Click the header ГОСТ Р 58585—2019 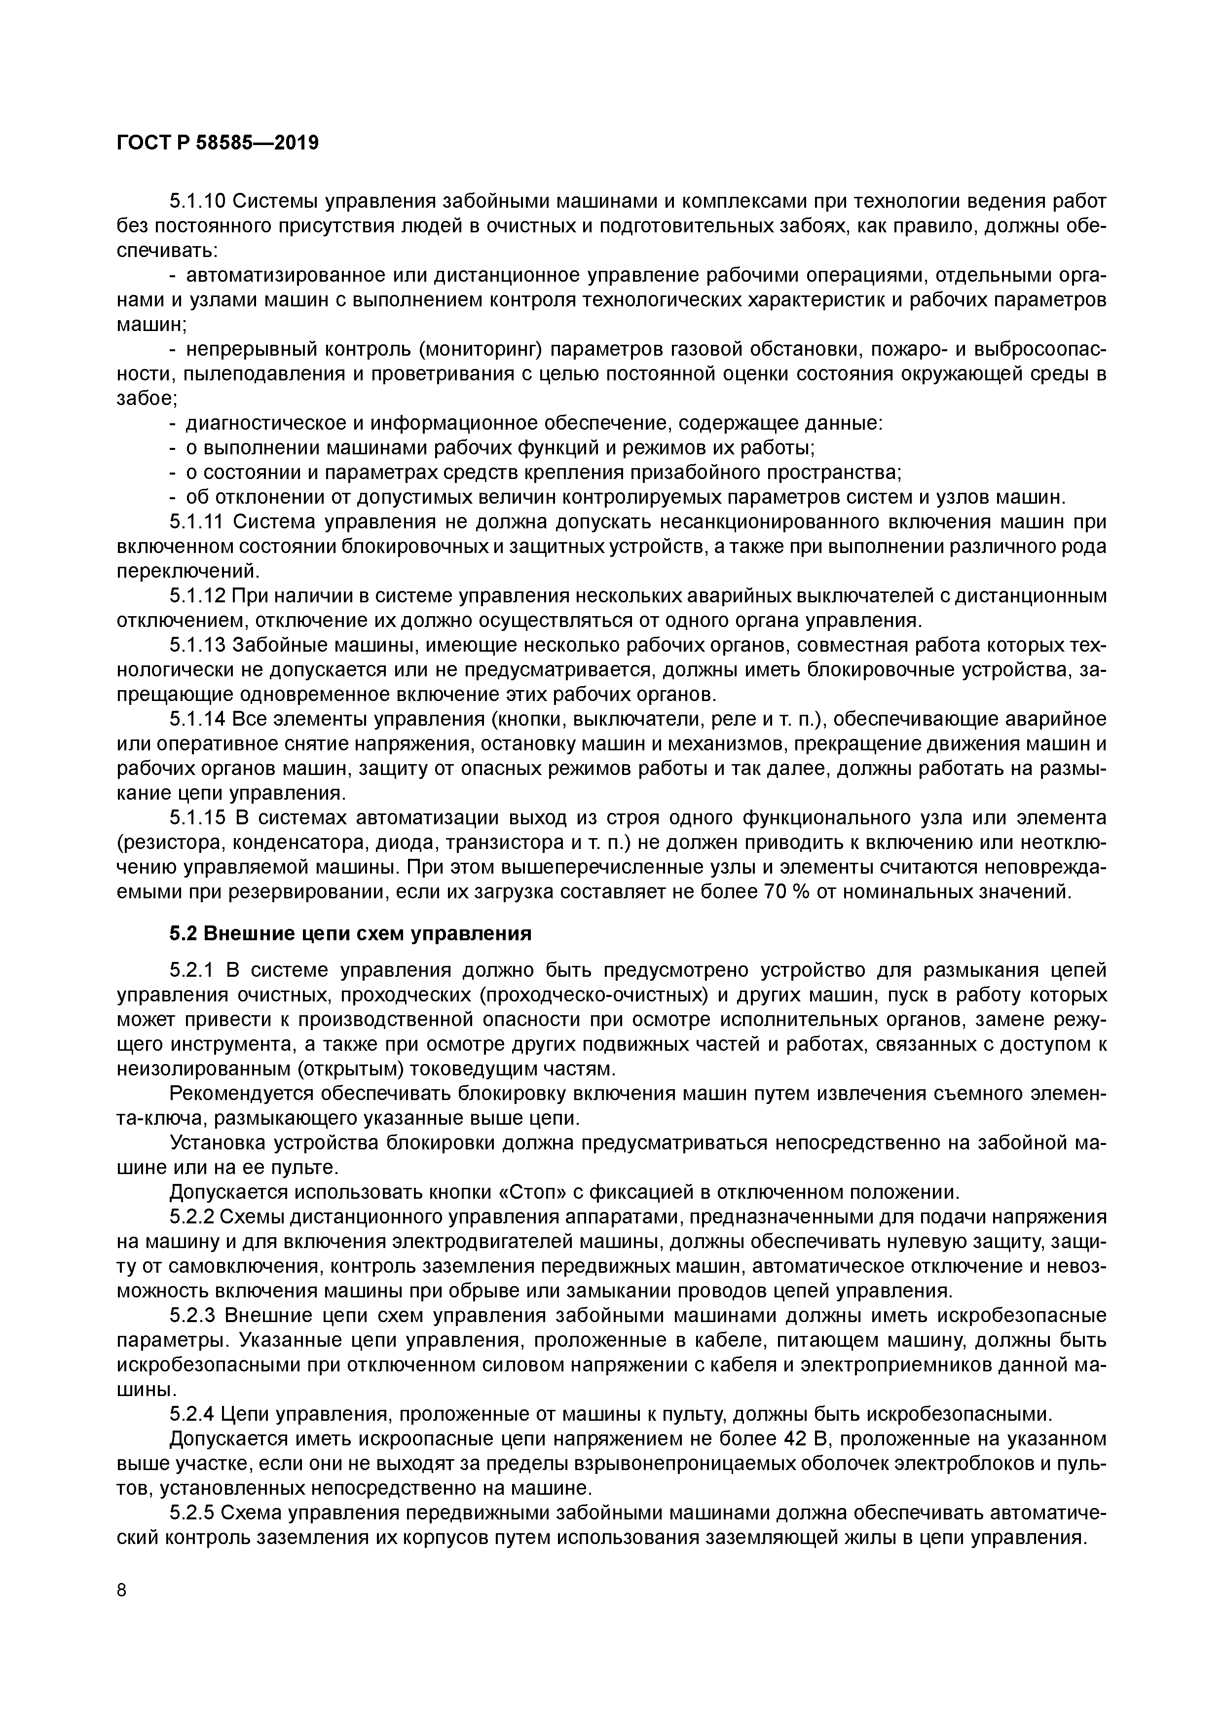(218, 143)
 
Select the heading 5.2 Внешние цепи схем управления (351, 933)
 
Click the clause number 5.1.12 (198, 596)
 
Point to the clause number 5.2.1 (193, 970)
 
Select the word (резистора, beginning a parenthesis (167, 843)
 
